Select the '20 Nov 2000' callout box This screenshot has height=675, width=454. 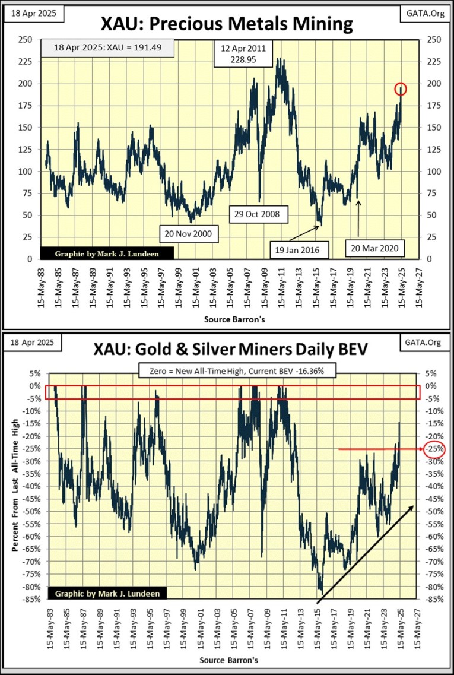click(x=189, y=234)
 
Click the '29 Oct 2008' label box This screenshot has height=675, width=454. click(x=259, y=213)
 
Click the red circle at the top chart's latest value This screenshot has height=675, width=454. click(x=401, y=89)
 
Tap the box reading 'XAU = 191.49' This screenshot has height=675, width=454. click(x=107, y=48)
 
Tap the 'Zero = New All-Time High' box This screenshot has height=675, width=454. click(x=239, y=372)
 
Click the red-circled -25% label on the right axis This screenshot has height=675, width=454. click(x=434, y=449)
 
